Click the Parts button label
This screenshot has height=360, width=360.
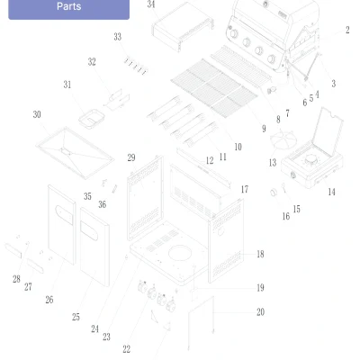[x=69, y=6]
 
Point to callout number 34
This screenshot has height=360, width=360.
[x=151, y=4]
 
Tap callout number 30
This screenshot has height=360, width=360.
[x=37, y=114]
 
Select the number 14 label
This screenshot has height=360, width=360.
[x=331, y=192]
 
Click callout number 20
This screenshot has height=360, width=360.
[x=260, y=312]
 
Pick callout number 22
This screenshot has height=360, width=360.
[x=127, y=349]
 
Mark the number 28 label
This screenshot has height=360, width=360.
[x=16, y=279]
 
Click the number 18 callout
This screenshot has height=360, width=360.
[x=260, y=254]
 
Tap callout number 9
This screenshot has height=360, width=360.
[x=264, y=129]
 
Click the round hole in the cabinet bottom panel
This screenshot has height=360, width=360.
[x=180, y=252]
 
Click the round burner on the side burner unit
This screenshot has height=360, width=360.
[x=310, y=160]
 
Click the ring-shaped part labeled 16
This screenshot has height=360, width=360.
[x=274, y=193]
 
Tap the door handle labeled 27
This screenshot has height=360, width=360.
[x=35, y=265]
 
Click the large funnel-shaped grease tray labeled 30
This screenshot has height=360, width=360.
[x=75, y=153]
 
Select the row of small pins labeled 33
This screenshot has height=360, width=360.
[x=136, y=66]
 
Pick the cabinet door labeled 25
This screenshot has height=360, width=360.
[x=94, y=247]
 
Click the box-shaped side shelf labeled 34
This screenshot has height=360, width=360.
[x=183, y=26]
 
